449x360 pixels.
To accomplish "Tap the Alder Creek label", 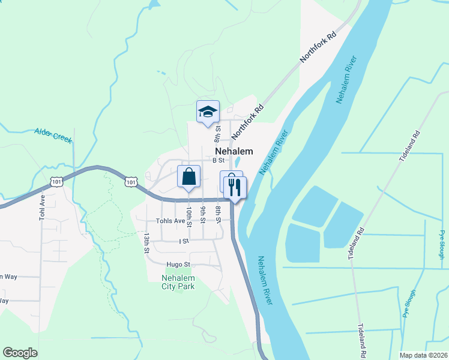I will pyautogui.click(x=53, y=135).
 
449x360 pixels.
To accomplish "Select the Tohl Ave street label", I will pyautogui.click(x=43, y=208).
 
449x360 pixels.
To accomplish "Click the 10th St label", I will pyautogui.click(x=188, y=217).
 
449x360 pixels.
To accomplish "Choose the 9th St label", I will pyautogui.click(x=203, y=215).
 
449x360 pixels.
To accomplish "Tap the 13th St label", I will pyautogui.click(x=146, y=242).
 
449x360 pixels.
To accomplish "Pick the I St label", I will pyautogui.click(x=184, y=241).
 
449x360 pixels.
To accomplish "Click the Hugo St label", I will pyautogui.click(x=178, y=264).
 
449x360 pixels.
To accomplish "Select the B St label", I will pyautogui.click(x=218, y=160).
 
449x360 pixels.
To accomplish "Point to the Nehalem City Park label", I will pyautogui.click(x=178, y=282).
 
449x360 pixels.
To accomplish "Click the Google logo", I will pyautogui.click(x=20, y=353).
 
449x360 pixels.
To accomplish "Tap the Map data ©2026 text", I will pyautogui.click(x=423, y=355).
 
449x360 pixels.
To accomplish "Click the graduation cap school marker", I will pyautogui.click(x=208, y=112).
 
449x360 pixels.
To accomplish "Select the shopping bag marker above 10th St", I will pyautogui.click(x=188, y=177).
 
